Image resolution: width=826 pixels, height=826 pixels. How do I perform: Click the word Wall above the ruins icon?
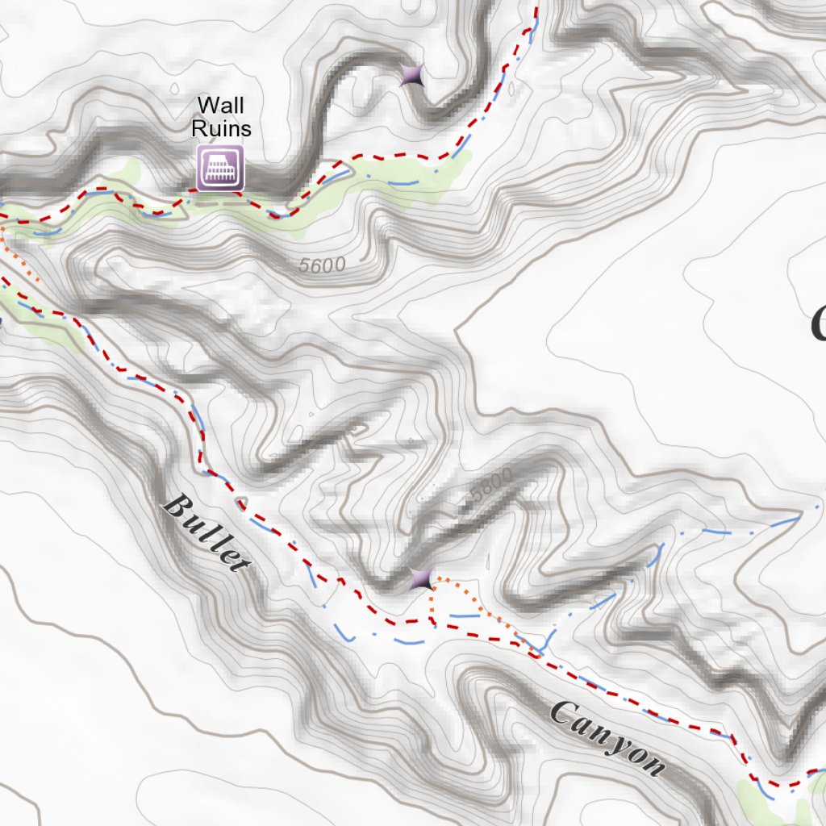(221, 105)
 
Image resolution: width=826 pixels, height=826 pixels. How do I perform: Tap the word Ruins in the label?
(221, 128)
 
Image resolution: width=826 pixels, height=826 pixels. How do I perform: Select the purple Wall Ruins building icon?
(220, 167)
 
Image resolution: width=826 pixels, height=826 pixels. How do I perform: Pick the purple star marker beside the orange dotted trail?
(420, 578)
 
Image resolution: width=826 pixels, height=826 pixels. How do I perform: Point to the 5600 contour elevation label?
(322, 265)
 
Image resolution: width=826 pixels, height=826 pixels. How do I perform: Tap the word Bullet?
(206, 533)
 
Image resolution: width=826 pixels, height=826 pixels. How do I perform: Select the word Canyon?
(608, 738)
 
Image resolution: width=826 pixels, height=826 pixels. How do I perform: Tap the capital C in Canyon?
(561, 711)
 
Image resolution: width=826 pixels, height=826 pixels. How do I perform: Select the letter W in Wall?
(208, 105)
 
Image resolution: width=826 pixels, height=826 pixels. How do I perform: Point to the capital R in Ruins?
(198, 128)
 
